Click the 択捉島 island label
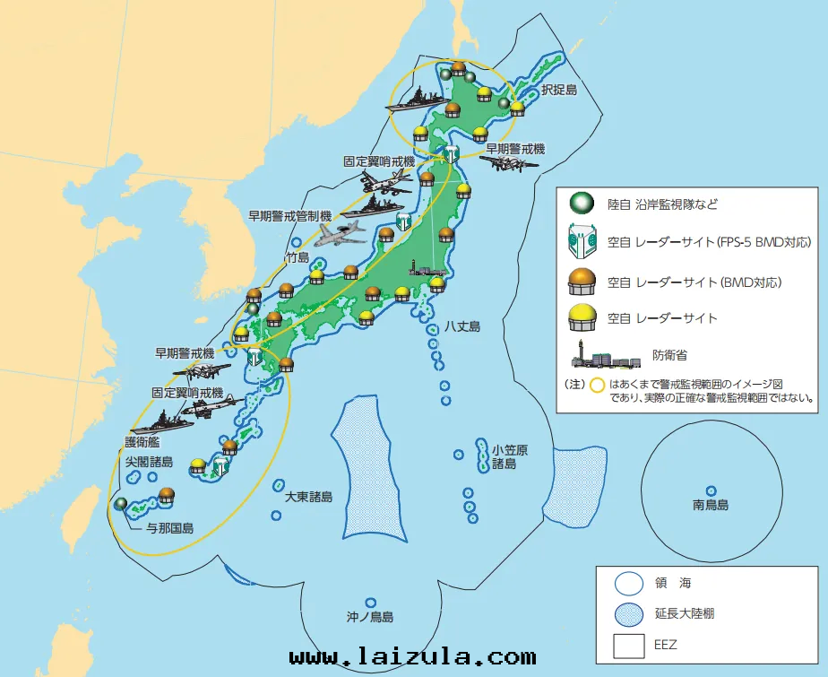click(x=558, y=91)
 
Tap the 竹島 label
click(x=297, y=257)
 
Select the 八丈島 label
click(x=461, y=326)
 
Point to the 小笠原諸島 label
click(x=503, y=456)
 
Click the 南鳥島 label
click(x=711, y=505)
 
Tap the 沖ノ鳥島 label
click(x=370, y=617)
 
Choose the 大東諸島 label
click(x=309, y=496)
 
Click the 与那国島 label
click(x=171, y=528)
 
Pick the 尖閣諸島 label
click(x=149, y=461)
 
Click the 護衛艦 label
click(x=143, y=442)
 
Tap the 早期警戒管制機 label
click(x=290, y=215)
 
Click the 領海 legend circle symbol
click(x=629, y=582)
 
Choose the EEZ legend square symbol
click(x=629, y=644)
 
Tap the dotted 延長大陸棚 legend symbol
click(x=629, y=613)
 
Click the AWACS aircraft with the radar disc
click(x=343, y=231)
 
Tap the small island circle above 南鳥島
click(x=711, y=490)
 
